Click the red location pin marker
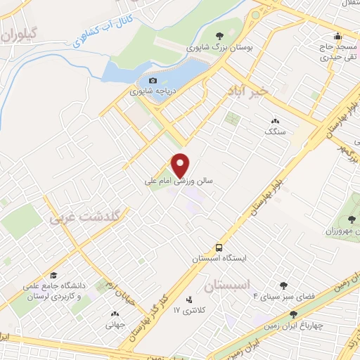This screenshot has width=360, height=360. pyautogui.click(x=181, y=165)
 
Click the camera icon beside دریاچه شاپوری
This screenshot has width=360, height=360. pyautogui.click(x=153, y=81)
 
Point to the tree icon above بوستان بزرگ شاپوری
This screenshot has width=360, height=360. pyautogui.click(x=219, y=36)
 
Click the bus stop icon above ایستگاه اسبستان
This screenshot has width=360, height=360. pyautogui.click(x=219, y=247)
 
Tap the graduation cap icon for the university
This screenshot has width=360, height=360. pyautogui.click(x=53, y=275)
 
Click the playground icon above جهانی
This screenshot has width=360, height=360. pyautogui.click(x=115, y=314)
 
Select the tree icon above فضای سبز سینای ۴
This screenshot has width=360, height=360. pyautogui.click(x=283, y=285)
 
